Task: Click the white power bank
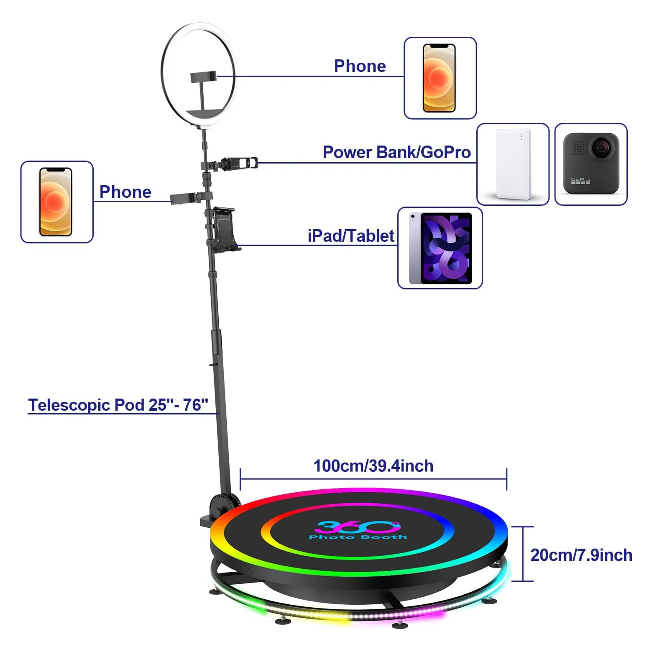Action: [513, 164]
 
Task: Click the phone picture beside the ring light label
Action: [439, 78]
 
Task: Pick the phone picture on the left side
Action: [56, 202]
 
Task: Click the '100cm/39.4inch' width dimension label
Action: [373, 466]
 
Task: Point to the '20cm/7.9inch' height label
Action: [581, 555]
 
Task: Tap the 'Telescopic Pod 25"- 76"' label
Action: [118, 405]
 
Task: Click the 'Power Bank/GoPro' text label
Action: [396, 152]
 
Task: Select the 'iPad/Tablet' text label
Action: [350, 236]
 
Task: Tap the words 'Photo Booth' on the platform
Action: [358, 537]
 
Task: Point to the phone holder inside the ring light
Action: [204, 78]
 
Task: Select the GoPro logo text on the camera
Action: [580, 180]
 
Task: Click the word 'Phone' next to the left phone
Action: [125, 192]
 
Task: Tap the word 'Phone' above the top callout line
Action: [360, 66]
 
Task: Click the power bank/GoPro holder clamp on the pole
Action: [236, 163]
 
